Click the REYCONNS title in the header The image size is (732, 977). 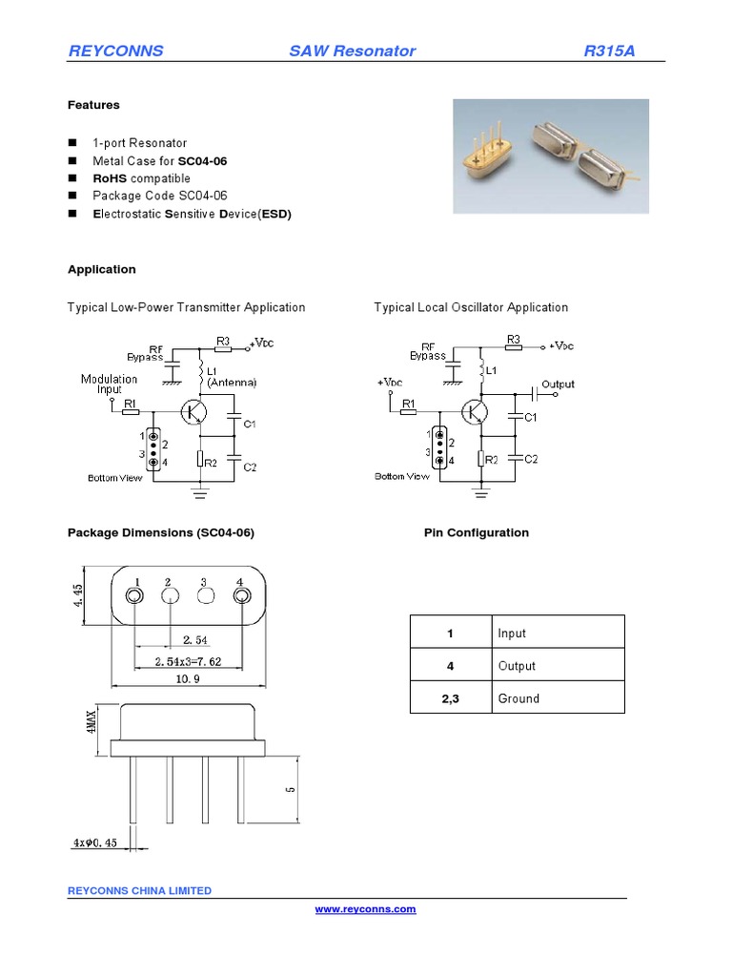[x=115, y=51]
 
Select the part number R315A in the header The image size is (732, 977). [x=609, y=51]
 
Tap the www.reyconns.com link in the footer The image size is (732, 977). [x=366, y=909]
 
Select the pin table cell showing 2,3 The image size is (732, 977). [x=451, y=698]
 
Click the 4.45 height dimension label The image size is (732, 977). [x=79, y=595]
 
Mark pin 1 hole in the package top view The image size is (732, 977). [x=135, y=596]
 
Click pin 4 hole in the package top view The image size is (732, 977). [x=240, y=596]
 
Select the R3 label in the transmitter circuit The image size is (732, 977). [x=222, y=340]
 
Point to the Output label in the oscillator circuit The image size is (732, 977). [x=558, y=385]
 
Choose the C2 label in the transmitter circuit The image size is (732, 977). [x=250, y=467]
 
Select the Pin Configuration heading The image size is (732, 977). [x=476, y=532]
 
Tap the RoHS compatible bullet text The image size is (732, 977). [x=141, y=178]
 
